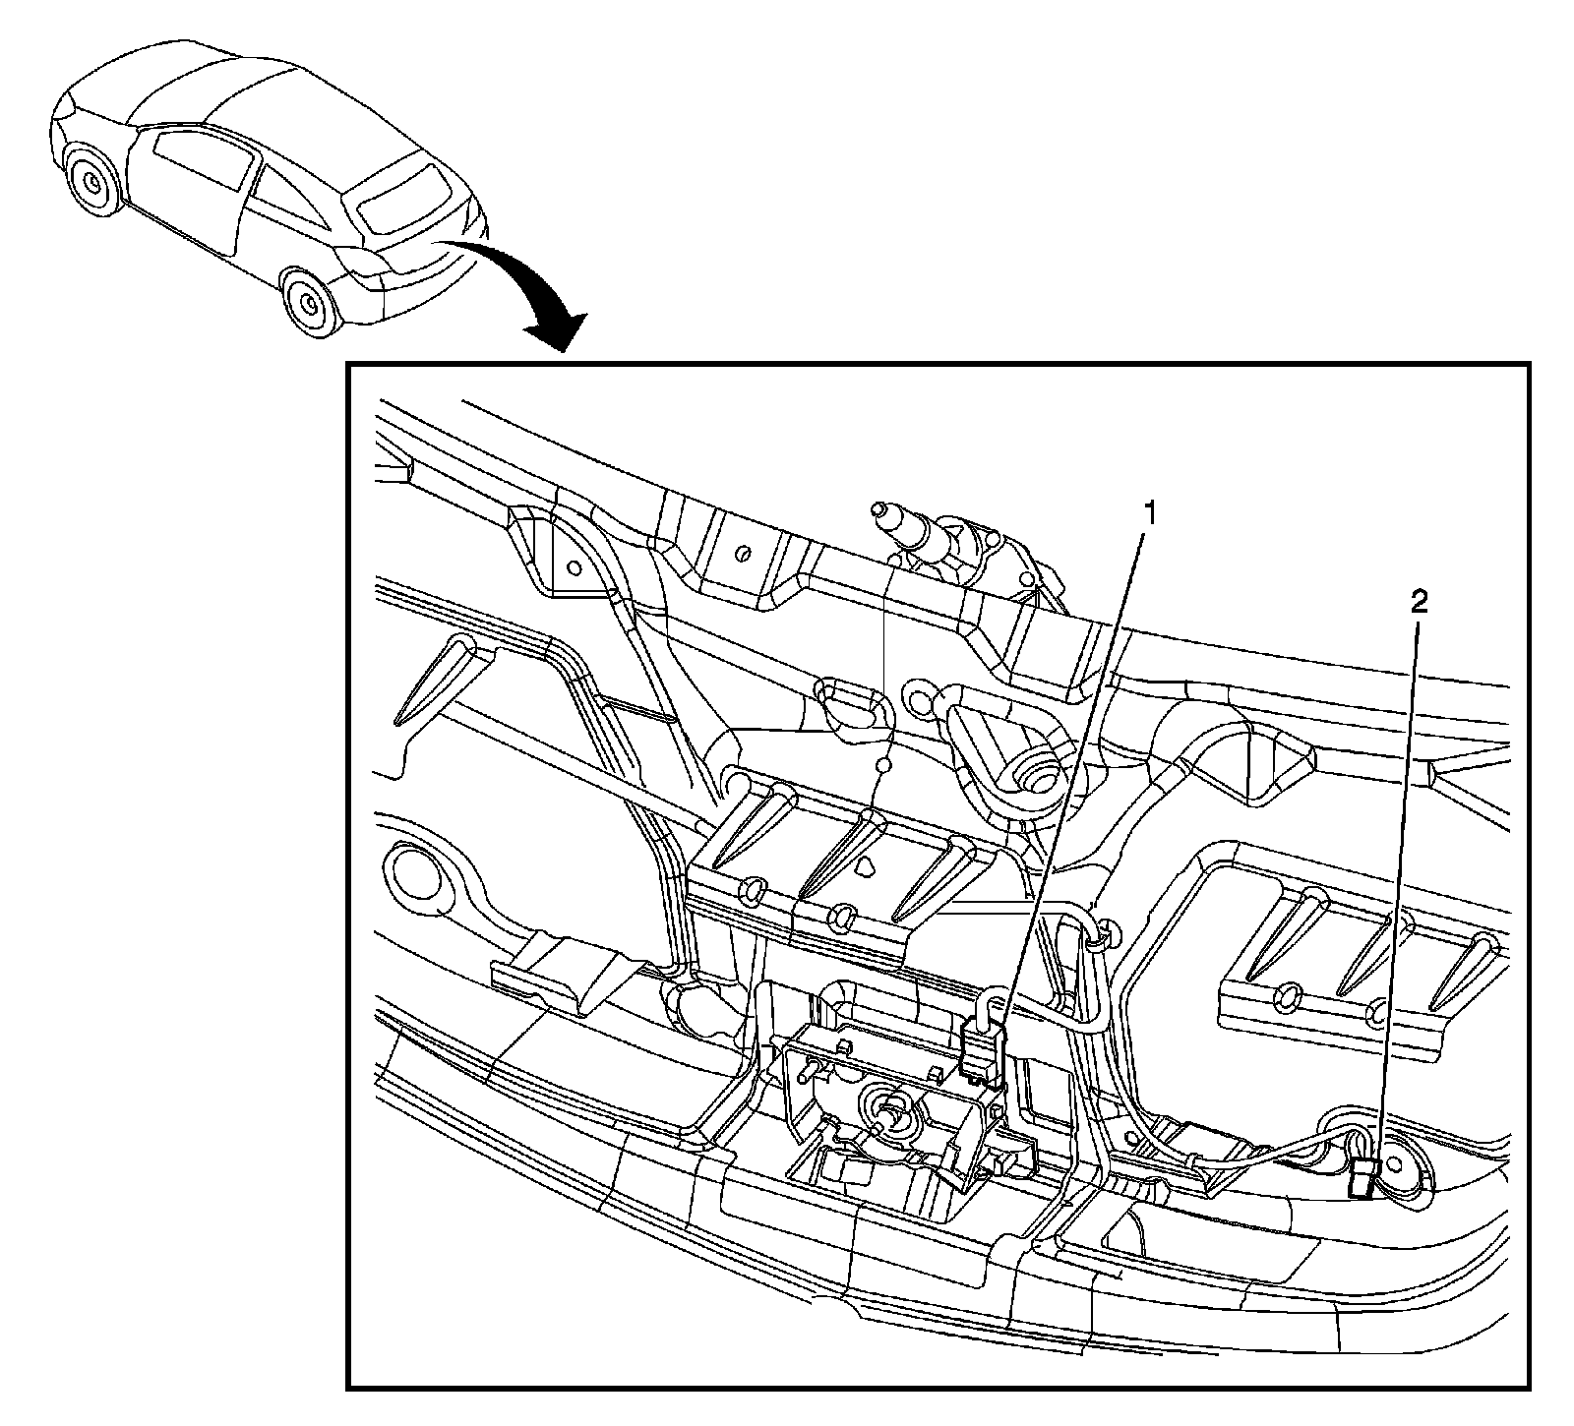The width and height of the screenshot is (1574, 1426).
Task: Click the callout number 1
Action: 1145,511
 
